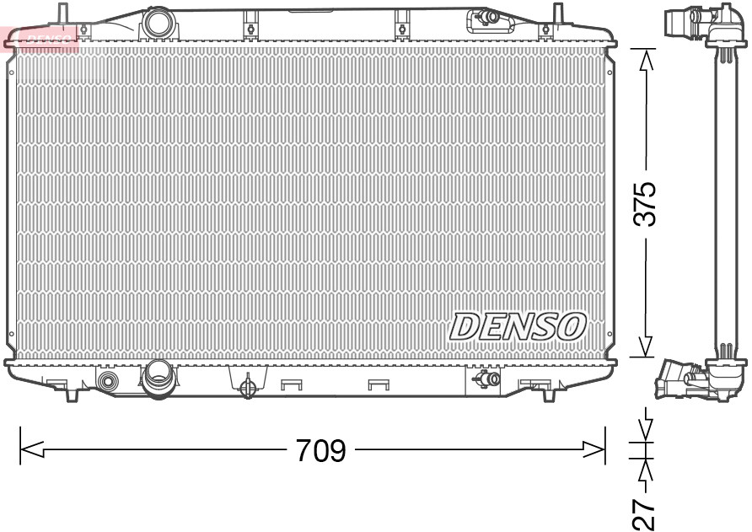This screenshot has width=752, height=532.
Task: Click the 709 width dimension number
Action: [x=320, y=451]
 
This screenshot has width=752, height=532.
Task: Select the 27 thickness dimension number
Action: [x=645, y=512]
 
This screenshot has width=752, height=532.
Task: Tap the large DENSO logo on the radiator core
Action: [x=518, y=326]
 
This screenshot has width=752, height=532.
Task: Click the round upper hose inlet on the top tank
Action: [x=156, y=23]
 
